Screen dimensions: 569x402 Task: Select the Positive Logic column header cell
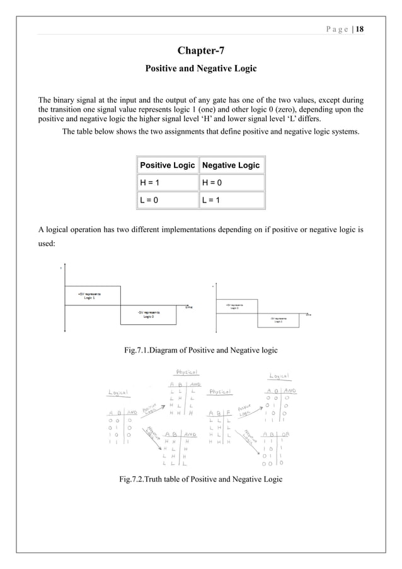pyautogui.click(x=167, y=165)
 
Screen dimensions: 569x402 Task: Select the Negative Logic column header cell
pyautogui.click(x=231, y=165)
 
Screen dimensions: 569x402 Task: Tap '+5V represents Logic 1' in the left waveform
pyautogui.click(x=88, y=296)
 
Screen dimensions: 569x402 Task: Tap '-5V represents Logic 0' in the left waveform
pyautogui.click(x=149, y=314)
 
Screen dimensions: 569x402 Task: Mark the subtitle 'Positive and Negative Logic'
pyautogui.click(x=200, y=67)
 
